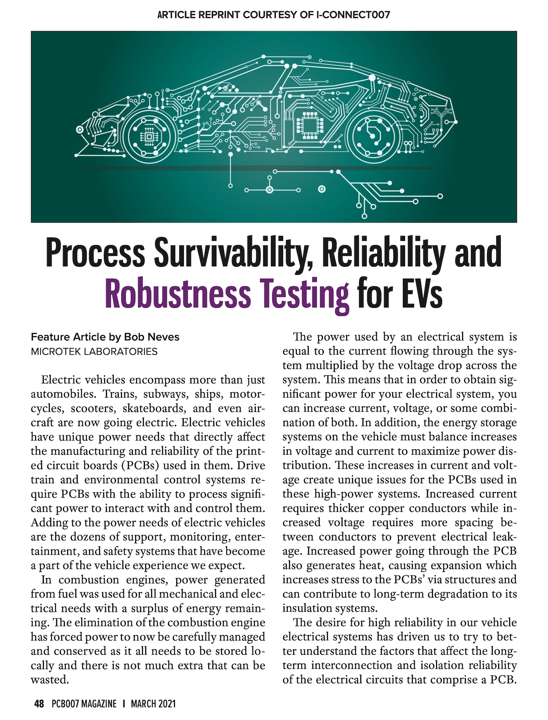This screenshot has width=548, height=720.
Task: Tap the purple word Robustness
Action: (178, 293)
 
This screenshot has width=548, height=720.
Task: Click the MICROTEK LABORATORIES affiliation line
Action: (94, 352)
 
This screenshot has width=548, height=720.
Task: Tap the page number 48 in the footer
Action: (39, 704)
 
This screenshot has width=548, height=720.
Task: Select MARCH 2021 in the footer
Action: (153, 704)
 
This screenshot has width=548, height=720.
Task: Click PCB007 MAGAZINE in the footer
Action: (84, 704)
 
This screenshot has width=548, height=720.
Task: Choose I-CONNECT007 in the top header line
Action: (353, 15)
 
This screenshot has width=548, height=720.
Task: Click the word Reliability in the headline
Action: (384, 253)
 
